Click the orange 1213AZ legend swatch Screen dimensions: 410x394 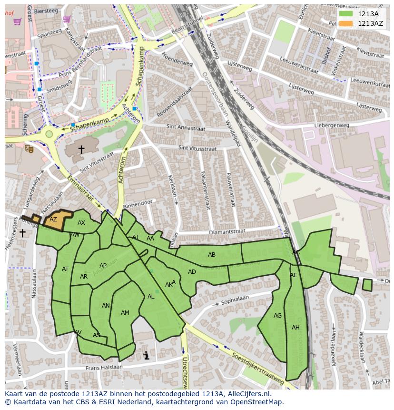[346, 23]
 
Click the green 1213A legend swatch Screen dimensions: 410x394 [346, 14]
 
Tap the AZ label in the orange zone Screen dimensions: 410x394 [53, 220]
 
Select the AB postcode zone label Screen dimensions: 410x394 [212, 255]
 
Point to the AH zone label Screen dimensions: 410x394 [295, 328]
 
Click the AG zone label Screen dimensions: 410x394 [278, 316]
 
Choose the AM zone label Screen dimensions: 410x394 [125, 313]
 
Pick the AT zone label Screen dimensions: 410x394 [65, 269]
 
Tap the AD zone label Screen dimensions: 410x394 [192, 272]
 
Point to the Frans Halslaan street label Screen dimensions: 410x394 [104, 367]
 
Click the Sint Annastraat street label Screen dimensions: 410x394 [186, 128]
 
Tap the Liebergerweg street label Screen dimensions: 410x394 [332, 126]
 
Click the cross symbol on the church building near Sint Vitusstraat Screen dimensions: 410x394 [81, 150]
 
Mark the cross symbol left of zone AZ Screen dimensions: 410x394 [22, 233]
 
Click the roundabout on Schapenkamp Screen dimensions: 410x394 [49, 134]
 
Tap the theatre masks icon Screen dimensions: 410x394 [29, 149]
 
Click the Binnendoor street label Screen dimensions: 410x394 [138, 202]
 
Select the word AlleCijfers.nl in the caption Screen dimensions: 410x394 [249, 394]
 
